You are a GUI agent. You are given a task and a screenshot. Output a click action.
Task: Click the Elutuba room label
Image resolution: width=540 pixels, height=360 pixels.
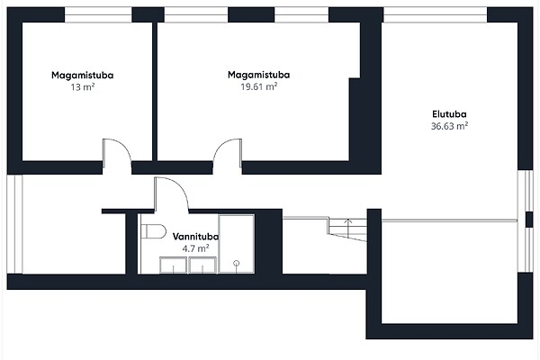[449, 114]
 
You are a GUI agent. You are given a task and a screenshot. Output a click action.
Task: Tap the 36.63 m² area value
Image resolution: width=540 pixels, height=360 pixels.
[449, 126]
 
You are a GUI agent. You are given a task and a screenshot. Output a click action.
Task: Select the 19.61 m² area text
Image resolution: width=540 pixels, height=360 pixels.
[259, 86]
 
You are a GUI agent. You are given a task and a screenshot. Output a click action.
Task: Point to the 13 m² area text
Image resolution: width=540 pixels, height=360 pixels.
[83, 86]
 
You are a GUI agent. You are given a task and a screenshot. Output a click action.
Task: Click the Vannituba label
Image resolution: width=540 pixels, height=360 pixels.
[195, 237]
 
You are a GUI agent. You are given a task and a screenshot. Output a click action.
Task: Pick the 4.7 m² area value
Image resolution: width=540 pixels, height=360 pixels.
[195, 248]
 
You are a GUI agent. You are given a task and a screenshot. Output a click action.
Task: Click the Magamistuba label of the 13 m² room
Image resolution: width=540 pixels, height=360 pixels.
[83, 75]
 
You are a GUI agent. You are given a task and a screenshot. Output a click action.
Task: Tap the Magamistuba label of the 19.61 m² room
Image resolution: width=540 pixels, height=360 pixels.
[259, 75]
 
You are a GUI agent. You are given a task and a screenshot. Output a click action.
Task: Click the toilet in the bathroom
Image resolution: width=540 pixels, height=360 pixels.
[154, 231]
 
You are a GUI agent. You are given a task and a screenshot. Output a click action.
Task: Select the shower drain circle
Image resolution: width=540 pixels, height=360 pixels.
[236, 264]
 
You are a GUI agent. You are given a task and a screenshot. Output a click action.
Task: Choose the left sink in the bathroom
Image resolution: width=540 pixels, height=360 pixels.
[173, 265]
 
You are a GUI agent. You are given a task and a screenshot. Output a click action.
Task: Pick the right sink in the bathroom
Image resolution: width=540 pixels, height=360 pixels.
[202, 265]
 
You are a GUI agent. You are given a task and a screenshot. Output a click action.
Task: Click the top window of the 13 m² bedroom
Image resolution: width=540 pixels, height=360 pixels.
[98, 14]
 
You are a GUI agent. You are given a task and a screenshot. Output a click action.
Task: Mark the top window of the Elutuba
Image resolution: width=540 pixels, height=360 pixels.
[436, 14]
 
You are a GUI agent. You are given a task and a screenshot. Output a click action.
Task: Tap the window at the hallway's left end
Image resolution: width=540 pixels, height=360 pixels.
[14, 225]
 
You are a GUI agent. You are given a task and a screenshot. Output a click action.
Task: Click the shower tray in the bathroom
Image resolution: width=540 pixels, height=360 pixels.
[237, 244]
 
